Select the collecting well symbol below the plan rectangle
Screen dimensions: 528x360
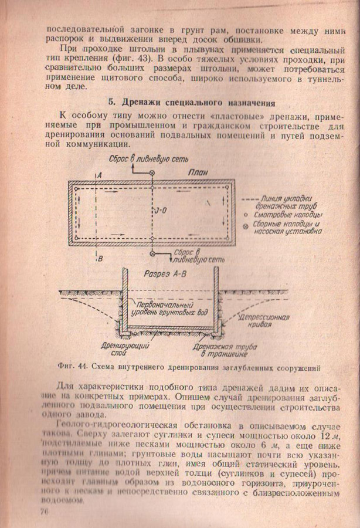click(x=152, y=253)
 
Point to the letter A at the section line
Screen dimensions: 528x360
click(x=101, y=175)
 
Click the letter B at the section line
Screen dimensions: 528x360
click(x=101, y=258)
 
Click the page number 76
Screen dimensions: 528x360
click(x=45, y=512)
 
